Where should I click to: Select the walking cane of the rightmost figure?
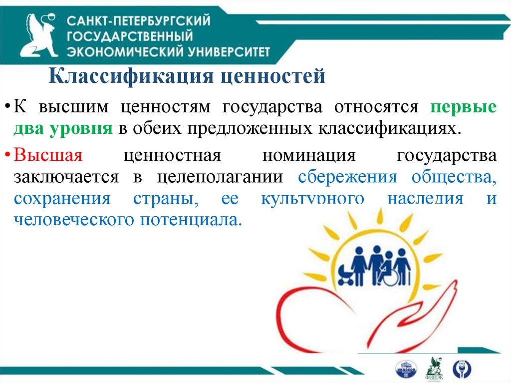tap(410, 274)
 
